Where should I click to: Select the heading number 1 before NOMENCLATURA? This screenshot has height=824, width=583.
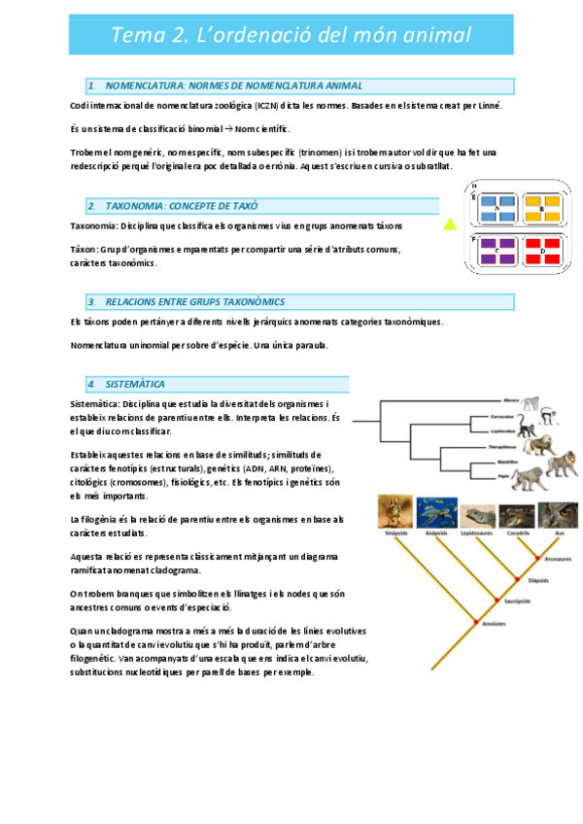pos(90,86)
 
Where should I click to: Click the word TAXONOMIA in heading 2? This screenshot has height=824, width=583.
pos(141,206)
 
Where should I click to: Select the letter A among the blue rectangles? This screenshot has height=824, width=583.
pos(497,209)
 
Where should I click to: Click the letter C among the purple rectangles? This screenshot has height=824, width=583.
pos(497,254)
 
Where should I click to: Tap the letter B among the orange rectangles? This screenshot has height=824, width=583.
pos(542,209)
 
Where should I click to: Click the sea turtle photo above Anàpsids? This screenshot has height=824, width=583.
pos(436,512)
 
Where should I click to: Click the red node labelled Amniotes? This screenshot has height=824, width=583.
pos(475,621)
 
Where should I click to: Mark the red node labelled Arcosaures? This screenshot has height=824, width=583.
pos(537,558)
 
